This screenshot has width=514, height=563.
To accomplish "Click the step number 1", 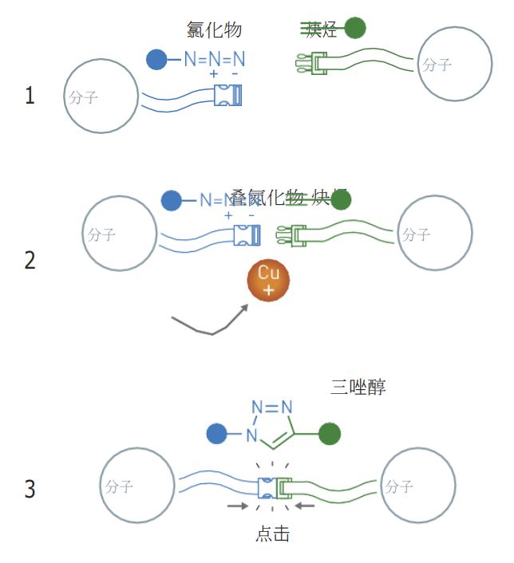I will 30,97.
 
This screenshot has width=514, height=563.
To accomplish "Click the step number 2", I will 30,261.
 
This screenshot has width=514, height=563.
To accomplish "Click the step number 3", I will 30,489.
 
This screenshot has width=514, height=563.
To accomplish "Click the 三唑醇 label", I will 358,388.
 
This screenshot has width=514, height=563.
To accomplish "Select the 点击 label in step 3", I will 272,534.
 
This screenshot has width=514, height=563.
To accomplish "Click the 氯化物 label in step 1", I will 213,30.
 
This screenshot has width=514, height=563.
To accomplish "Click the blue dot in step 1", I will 157,58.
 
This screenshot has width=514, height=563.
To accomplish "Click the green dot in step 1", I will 355,28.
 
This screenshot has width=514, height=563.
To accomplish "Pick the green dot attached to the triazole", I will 330,435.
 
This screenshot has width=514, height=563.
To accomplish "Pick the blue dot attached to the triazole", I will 216,435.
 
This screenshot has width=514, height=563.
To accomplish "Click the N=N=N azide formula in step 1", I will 214,58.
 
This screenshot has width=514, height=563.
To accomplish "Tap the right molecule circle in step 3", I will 418,485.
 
